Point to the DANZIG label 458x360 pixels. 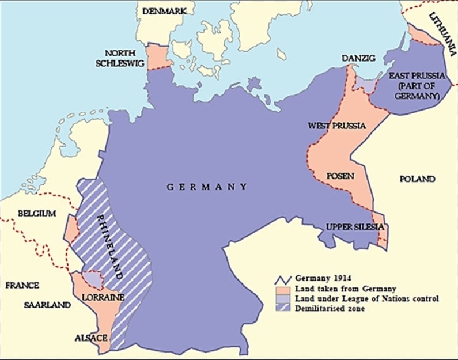358,58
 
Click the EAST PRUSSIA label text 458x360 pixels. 414,86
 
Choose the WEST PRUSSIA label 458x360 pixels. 330,125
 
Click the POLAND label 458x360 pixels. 417,179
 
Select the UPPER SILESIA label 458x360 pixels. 355,226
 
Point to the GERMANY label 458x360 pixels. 207,187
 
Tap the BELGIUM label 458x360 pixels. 37,213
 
